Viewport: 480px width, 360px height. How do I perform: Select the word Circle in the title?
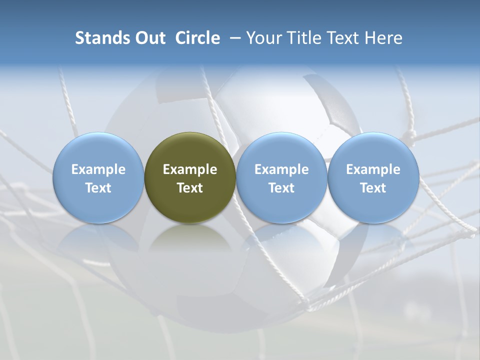click(197, 38)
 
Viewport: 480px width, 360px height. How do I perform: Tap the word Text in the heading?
click(342, 38)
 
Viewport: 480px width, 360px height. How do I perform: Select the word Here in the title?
click(383, 38)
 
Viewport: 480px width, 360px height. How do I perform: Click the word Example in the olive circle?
click(190, 169)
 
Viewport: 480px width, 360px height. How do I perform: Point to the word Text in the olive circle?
click(190, 188)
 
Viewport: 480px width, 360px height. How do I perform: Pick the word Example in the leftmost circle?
click(98, 169)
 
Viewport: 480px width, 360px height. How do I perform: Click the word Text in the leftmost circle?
click(98, 188)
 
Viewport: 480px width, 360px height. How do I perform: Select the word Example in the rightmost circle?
click(373, 169)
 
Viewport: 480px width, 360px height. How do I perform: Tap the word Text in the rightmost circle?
click(373, 188)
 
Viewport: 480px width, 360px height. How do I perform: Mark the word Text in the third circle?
click(281, 188)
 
